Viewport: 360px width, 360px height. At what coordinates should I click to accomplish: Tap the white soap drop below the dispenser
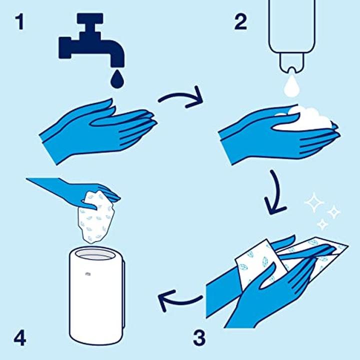(291, 85)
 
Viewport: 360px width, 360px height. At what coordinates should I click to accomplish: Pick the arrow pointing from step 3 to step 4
(180, 301)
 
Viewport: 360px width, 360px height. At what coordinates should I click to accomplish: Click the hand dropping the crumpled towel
(75, 189)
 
